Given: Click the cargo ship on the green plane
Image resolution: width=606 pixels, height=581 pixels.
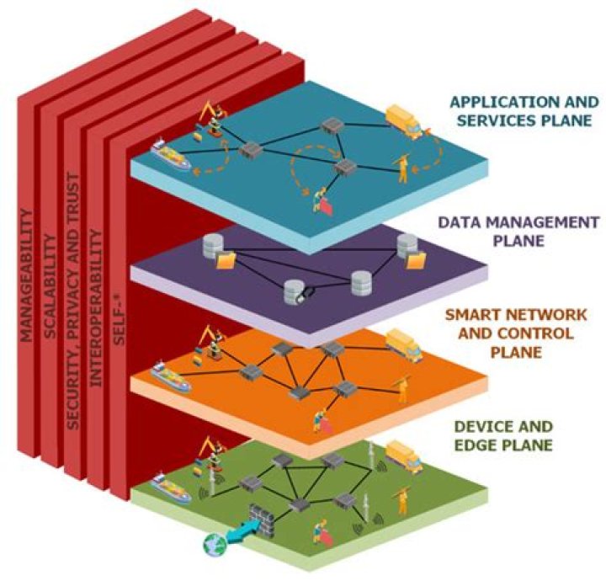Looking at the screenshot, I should click(x=169, y=484).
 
